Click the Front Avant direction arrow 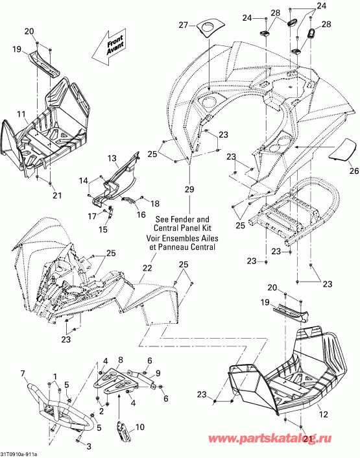108,46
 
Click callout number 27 183,25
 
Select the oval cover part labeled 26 343,149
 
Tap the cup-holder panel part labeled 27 210,28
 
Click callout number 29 189,189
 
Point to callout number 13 112,158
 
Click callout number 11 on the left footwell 21,114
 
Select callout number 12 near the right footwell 324,414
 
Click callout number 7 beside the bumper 23,373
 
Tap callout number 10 140,428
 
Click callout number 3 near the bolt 89,446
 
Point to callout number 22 147,267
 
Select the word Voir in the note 154,238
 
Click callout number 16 141,215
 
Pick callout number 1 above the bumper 55,376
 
